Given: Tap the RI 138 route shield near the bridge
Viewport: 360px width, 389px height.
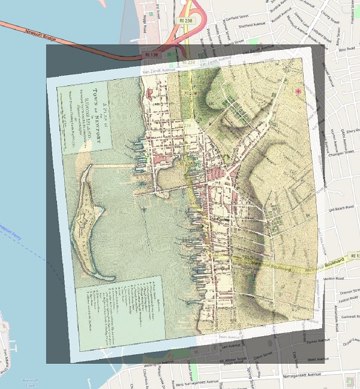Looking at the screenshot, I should pyautogui.click(x=150, y=55).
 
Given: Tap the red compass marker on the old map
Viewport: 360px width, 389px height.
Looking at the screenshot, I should pyautogui.click(x=298, y=91).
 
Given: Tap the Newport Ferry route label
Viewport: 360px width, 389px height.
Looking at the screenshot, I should pyautogui.click(x=13, y=229).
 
